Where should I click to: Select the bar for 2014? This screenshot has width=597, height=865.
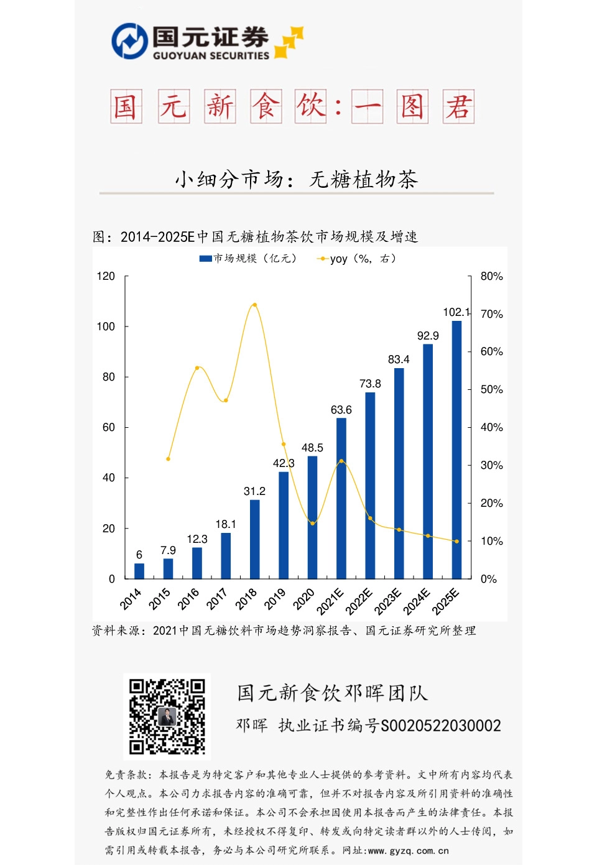pos(139,571)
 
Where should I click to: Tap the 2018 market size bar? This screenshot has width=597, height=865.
pos(254,539)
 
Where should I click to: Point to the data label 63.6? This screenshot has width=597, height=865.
pos(341,410)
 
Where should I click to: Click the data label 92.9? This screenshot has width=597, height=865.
pos(428,336)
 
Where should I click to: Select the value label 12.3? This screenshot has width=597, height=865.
pos(197,539)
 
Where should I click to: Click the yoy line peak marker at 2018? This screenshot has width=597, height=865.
pos(254,305)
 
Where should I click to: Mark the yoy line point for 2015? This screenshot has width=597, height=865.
pos(168,459)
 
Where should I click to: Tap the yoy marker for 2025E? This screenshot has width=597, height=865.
pos(456,541)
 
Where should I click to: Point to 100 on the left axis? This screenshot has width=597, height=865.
pos(106,326)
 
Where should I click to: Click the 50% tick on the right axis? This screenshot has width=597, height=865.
pos(491,389)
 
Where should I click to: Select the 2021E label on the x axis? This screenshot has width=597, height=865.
pos(330,601)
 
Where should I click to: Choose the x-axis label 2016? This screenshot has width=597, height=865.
pos(188,599)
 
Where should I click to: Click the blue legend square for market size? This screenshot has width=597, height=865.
pos(205,259)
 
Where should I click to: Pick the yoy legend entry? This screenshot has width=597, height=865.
pos(358,259)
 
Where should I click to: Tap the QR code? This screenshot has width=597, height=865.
pos(167,716)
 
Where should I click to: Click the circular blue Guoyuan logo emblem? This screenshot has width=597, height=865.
pos(129,41)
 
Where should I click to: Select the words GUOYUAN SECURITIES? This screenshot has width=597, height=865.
pos(211,55)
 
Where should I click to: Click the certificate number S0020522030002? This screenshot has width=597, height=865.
pos(440,726)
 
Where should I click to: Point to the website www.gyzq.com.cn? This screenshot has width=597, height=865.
pos(408,850)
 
